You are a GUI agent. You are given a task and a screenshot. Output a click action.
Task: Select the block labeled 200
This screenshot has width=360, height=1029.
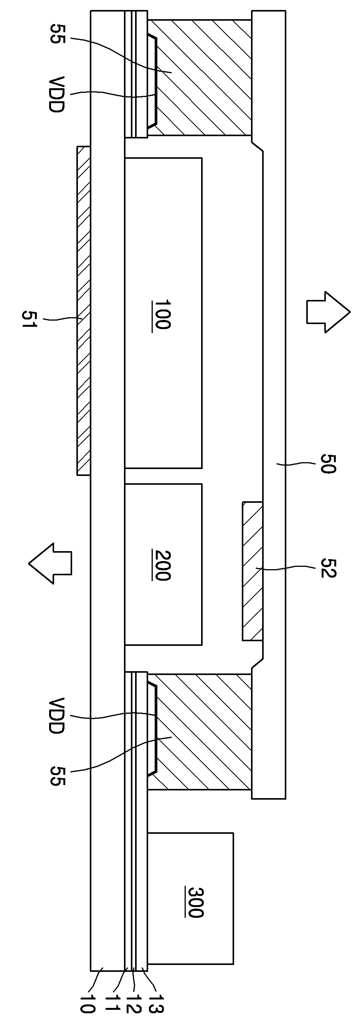pos(163,565)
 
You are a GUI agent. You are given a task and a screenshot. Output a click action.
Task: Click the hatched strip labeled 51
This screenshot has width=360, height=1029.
pos(84,310)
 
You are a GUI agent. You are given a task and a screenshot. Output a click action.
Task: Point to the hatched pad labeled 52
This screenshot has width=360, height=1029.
pos(253,571)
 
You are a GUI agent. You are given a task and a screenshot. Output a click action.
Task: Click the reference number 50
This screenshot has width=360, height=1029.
pos(328,463)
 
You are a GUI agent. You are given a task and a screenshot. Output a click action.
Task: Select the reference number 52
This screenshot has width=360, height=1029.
pos(329,568)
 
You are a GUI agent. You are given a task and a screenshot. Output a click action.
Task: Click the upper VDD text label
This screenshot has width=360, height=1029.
pos(56,94)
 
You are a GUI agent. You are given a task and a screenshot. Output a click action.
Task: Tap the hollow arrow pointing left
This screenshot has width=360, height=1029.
pos(50,563)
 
